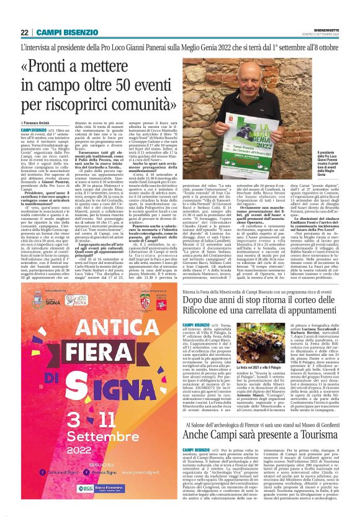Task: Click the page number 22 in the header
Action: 24,32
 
